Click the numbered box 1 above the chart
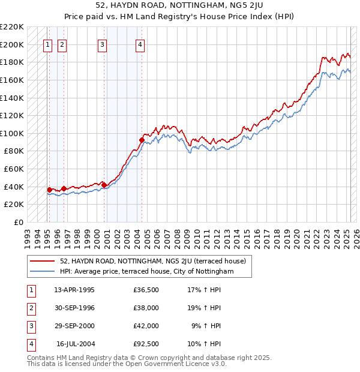tap(47, 44)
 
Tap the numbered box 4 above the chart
tap(139, 44)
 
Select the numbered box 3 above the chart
tap(103, 44)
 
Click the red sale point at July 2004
tap(142, 140)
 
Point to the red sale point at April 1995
tap(49, 190)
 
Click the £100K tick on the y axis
tap(13, 133)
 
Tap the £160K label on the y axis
tap(13, 80)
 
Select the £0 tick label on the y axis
tap(19, 222)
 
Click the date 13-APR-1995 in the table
tap(74, 290)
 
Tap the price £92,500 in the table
tap(146, 344)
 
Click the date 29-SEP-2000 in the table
tap(74, 326)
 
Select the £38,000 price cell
tap(146, 308)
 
